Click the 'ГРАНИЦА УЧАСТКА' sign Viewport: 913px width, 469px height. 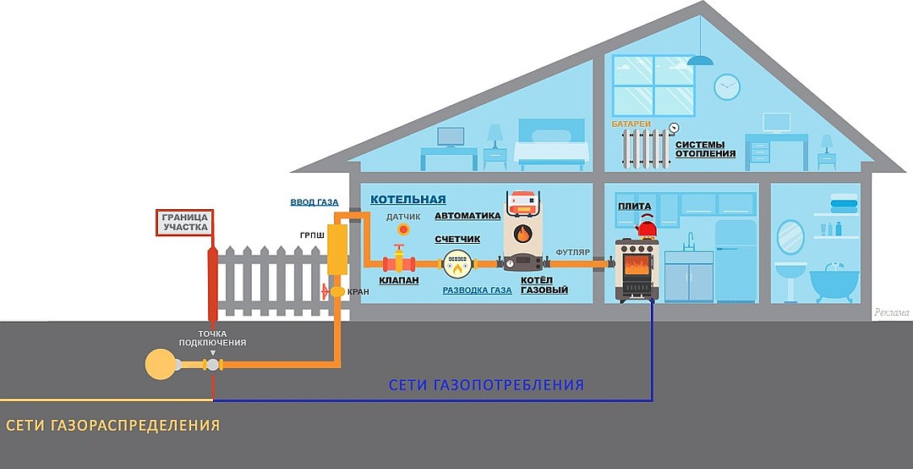(185, 223)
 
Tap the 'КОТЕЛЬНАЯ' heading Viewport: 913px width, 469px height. (408, 200)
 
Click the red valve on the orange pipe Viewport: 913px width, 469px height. (399, 259)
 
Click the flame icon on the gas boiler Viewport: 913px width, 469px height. (522, 234)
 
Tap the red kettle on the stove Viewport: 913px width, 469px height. (646, 226)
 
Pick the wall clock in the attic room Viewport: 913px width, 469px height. (727, 87)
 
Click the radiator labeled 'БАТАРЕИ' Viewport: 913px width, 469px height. (645, 147)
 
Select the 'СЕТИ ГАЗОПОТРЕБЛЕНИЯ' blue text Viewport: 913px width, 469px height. (486, 385)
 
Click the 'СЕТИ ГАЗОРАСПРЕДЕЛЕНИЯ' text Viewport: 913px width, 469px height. (113, 425)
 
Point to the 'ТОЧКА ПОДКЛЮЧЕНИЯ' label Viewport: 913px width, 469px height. (212, 339)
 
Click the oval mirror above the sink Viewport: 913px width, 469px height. (790, 237)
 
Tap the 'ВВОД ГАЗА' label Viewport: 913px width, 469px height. (314, 202)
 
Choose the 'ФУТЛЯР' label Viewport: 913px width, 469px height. (573, 252)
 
